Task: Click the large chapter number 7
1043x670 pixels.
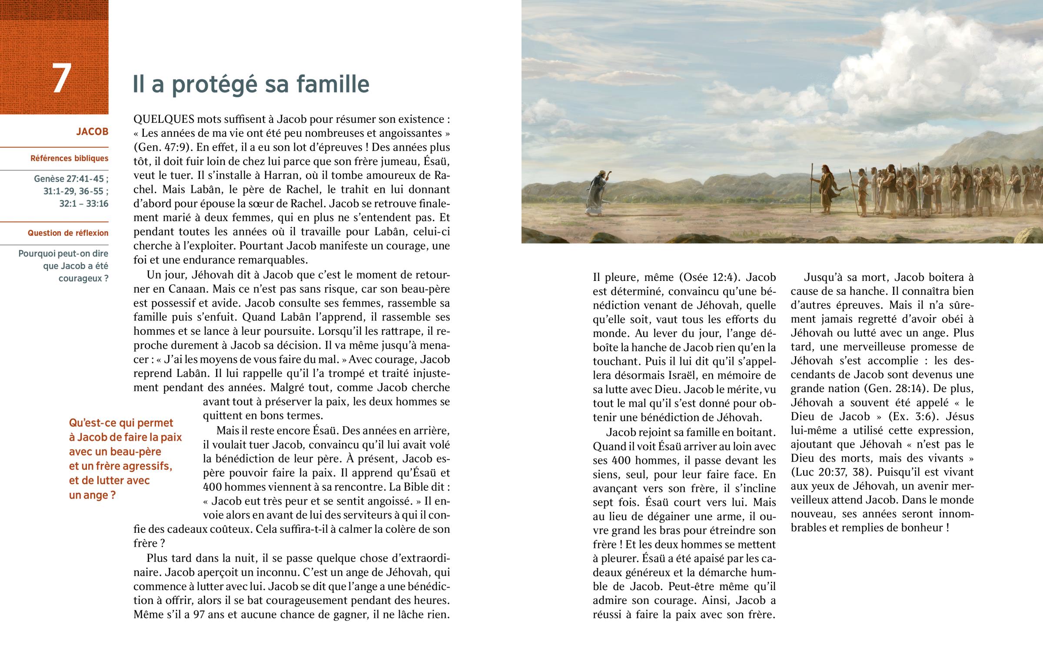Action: coord(61,78)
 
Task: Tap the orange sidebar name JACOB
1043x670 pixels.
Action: coord(92,132)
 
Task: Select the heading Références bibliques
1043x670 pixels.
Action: coord(69,158)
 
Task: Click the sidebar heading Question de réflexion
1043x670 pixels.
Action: coord(68,233)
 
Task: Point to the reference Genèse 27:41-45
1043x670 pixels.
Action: coord(71,179)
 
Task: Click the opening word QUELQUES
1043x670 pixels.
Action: coord(164,119)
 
